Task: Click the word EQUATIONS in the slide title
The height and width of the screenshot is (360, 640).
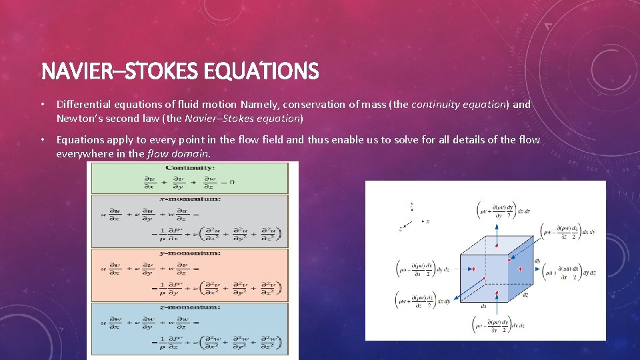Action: click(x=273, y=70)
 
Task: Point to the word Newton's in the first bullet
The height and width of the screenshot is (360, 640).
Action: click(x=78, y=119)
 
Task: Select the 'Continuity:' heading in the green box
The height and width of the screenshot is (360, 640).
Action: click(x=190, y=169)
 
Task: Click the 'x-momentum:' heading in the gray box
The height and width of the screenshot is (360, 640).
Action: click(x=189, y=199)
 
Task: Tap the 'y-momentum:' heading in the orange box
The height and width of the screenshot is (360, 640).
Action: click(x=189, y=253)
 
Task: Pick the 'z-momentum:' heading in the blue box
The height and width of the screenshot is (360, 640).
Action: click(x=189, y=307)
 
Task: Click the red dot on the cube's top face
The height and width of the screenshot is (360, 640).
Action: click(x=497, y=245)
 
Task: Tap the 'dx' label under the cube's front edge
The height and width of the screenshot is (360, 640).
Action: click(x=483, y=307)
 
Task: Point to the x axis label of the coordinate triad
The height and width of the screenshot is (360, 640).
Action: click(x=427, y=221)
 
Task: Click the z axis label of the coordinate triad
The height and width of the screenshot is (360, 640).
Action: click(x=401, y=228)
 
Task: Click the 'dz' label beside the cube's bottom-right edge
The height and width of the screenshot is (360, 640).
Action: click(x=526, y=294)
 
